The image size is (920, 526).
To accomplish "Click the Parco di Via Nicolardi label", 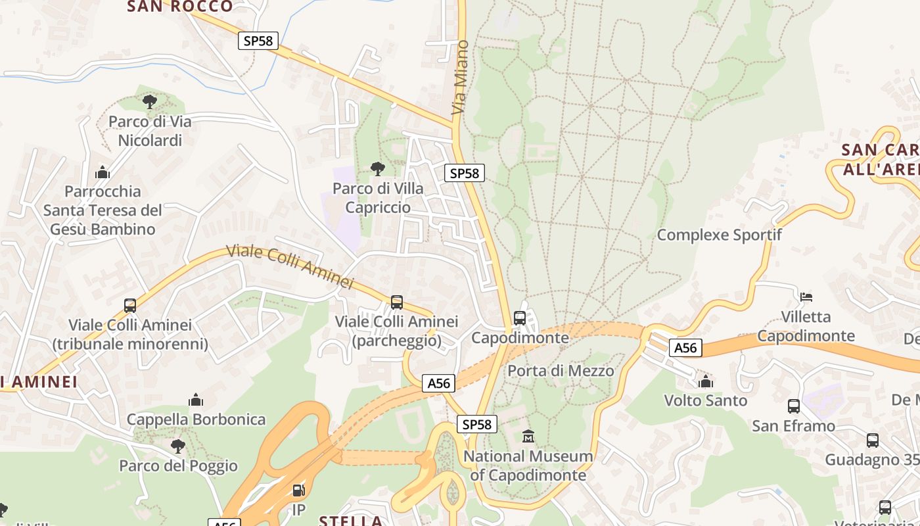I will [150, 131].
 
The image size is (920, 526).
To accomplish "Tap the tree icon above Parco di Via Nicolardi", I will [150, 102].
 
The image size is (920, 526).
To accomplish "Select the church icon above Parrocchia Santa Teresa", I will [103, 172].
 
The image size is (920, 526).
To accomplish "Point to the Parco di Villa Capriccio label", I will [378, 198].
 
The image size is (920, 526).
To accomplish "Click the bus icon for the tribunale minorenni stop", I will [130, 305].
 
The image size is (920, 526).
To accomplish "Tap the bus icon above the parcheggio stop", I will [396, 302].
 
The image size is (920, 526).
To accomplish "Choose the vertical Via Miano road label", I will [461, 77].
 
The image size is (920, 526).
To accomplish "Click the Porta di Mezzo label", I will [561, 371].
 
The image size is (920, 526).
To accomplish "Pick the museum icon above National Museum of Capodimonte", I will [528, 436].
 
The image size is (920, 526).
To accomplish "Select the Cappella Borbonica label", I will [196, 419].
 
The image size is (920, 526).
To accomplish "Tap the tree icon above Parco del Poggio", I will [177, 446].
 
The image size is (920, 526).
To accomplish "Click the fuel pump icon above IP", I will [298, 490].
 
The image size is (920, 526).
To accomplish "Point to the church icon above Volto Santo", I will [706, 381].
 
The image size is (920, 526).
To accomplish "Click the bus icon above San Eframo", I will [793, 406].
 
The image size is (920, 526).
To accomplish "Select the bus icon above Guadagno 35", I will [872, 440].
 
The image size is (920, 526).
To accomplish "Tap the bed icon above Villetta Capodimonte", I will [806, 297].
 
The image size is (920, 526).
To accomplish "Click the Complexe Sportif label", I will [720, 235].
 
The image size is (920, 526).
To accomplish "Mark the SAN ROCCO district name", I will [180, 7].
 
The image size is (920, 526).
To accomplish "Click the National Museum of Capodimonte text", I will [528, 466].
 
